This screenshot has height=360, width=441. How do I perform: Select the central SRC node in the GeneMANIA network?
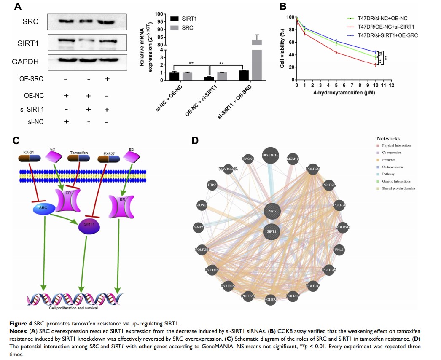pos(272,210)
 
